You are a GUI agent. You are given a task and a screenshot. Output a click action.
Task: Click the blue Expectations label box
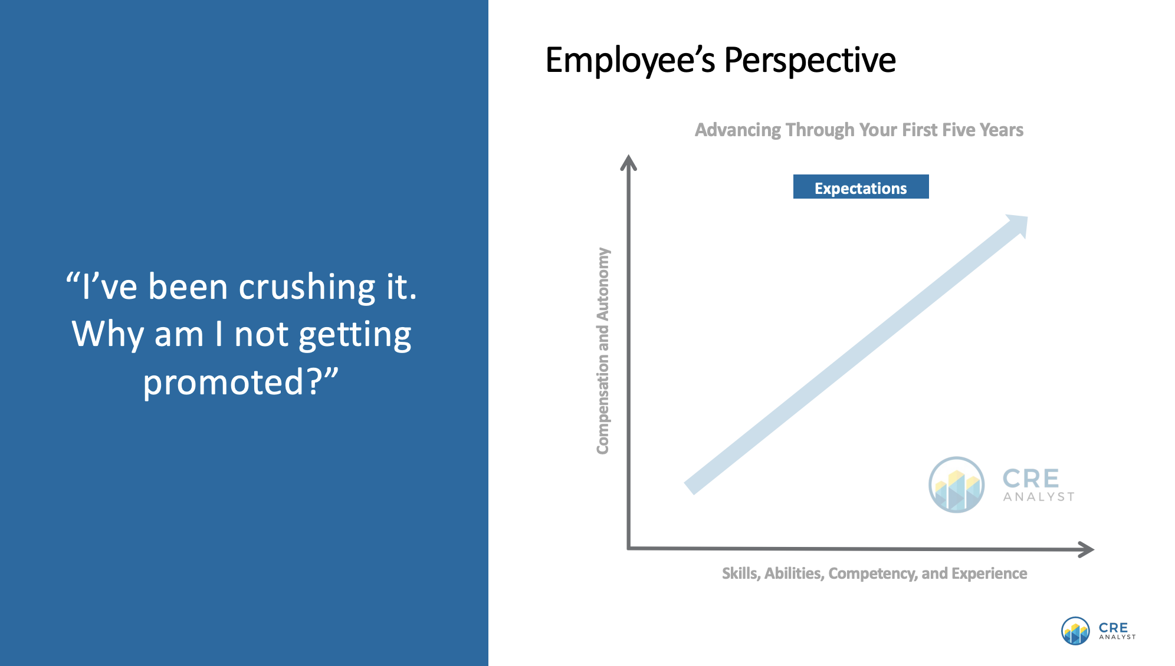click(861, 187)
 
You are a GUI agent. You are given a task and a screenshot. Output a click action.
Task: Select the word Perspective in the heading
click(809, 60)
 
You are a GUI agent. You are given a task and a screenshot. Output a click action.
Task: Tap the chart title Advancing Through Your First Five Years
click(859, 130)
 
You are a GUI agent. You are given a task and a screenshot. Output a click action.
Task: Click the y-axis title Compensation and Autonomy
click(602, 351)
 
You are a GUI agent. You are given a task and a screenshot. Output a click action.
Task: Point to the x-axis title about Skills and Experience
click(874, 573)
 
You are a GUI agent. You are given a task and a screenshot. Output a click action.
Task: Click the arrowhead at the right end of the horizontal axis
click(1087, 549)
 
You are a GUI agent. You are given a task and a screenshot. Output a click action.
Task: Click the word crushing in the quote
click(307, 287)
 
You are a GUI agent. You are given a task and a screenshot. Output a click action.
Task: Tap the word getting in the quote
click(355, 334)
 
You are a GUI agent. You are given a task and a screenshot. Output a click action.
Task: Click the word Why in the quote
click(107, 334)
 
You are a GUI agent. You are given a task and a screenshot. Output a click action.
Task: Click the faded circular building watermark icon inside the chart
click(956, 484)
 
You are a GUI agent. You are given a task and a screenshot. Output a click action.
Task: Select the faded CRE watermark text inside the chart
click(1031, 479)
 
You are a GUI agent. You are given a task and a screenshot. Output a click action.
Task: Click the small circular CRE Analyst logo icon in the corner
click(1075, 631)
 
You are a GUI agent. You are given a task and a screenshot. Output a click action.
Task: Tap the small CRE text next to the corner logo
click(1113, 628)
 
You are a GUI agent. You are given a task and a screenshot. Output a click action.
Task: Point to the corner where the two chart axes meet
click(629, 548)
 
